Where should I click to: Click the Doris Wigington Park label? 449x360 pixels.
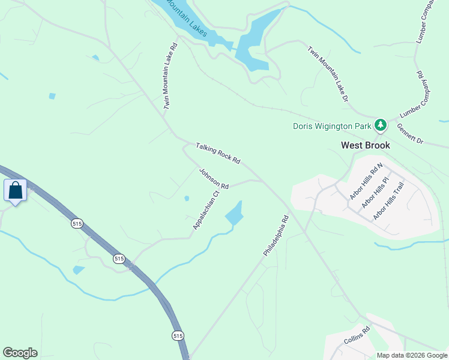click(332, 126)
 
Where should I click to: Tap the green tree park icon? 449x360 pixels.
click(380, 125)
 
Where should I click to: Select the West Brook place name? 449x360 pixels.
click(365, 145)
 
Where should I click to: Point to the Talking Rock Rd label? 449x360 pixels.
click(218, 154)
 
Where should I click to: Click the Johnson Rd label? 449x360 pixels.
click(214, 179)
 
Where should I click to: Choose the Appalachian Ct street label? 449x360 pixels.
click(204, 211)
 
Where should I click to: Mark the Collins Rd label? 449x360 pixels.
click(357, 335)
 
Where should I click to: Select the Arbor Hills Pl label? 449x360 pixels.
click(375, 192)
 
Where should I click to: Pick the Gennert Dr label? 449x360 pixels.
click(411, 134)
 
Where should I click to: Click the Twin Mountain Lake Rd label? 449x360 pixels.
click(170, 76)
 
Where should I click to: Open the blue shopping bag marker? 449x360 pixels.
click(15, 191)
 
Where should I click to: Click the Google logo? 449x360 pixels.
click(20, 353)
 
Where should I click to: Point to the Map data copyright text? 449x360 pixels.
click(412, 355)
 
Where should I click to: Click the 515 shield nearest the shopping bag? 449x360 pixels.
click(76, 223)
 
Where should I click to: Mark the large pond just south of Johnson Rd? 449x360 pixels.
click(234, 213)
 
